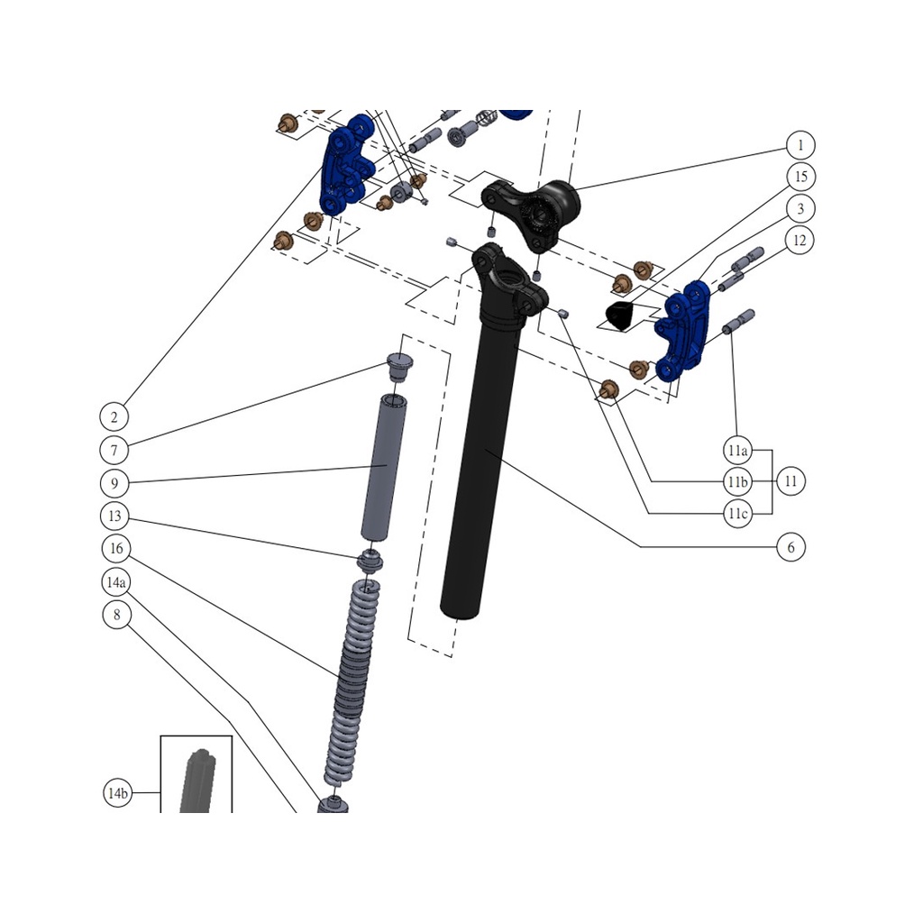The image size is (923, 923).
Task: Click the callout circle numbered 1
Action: [x=800, y=145]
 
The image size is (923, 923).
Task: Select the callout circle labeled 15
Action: [x=800, y=176]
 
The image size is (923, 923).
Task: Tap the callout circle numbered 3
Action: [x=800, y=208]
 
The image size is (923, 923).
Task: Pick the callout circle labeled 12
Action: [x=800, y=241]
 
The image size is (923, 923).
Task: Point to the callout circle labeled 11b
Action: [x=737, y=482]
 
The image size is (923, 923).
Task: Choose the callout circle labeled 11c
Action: [x=737, y=514]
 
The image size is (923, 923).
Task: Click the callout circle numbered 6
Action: [x=790, y=547]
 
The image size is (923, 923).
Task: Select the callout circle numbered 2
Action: [x=114, y=416]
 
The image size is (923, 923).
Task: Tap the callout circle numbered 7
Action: [x=114, y=449]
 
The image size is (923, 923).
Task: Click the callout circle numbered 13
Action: [x=114, y=516]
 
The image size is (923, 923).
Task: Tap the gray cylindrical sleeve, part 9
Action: [x=383, y=469]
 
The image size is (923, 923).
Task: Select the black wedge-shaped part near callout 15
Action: [x=618, y=315]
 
